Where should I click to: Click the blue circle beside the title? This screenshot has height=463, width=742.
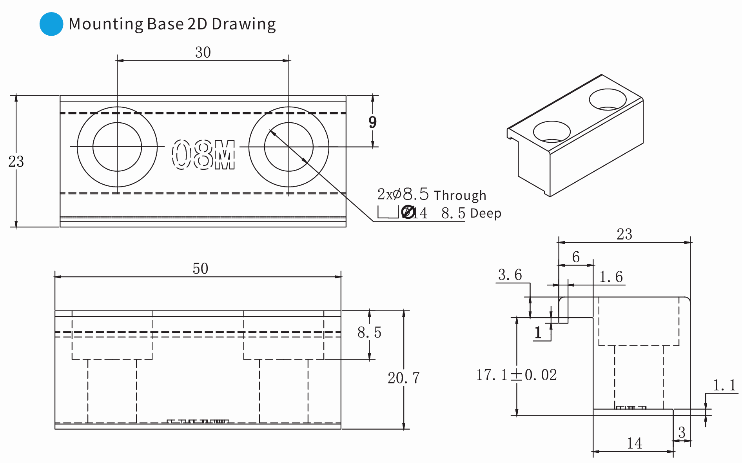coord(51,24)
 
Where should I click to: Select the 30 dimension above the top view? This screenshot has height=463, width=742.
coord(203,53)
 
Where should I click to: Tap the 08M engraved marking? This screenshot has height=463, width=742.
coord(203,155)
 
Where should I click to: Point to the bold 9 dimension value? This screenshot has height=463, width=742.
coord(372,122)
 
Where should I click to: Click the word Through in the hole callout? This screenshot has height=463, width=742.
coord(460,195)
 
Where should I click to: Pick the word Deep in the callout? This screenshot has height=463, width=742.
coord(486,214)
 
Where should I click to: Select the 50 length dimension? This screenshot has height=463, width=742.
coord(200,269)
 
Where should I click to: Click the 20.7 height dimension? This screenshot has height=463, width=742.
coord(403,378)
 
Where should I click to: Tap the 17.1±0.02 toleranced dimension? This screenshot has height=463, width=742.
coord(516,375)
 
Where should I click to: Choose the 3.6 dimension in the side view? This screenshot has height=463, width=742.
coord(510,275)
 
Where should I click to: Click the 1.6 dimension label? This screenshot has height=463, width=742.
coord(611,277)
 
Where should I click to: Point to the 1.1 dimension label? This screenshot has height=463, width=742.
coord(724,385)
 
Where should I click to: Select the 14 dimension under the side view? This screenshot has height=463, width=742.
coord(634,443)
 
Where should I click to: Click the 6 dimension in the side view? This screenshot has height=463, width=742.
coord(575,257)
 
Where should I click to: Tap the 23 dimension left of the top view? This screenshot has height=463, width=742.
coord(16,162)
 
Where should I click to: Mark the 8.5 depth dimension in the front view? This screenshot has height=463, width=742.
coord(369,332)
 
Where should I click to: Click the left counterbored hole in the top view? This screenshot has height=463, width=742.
coord(117,147)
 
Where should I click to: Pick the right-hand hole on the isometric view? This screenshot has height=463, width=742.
coord(608,100)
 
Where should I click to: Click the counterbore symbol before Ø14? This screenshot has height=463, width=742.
coord(388,212)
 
